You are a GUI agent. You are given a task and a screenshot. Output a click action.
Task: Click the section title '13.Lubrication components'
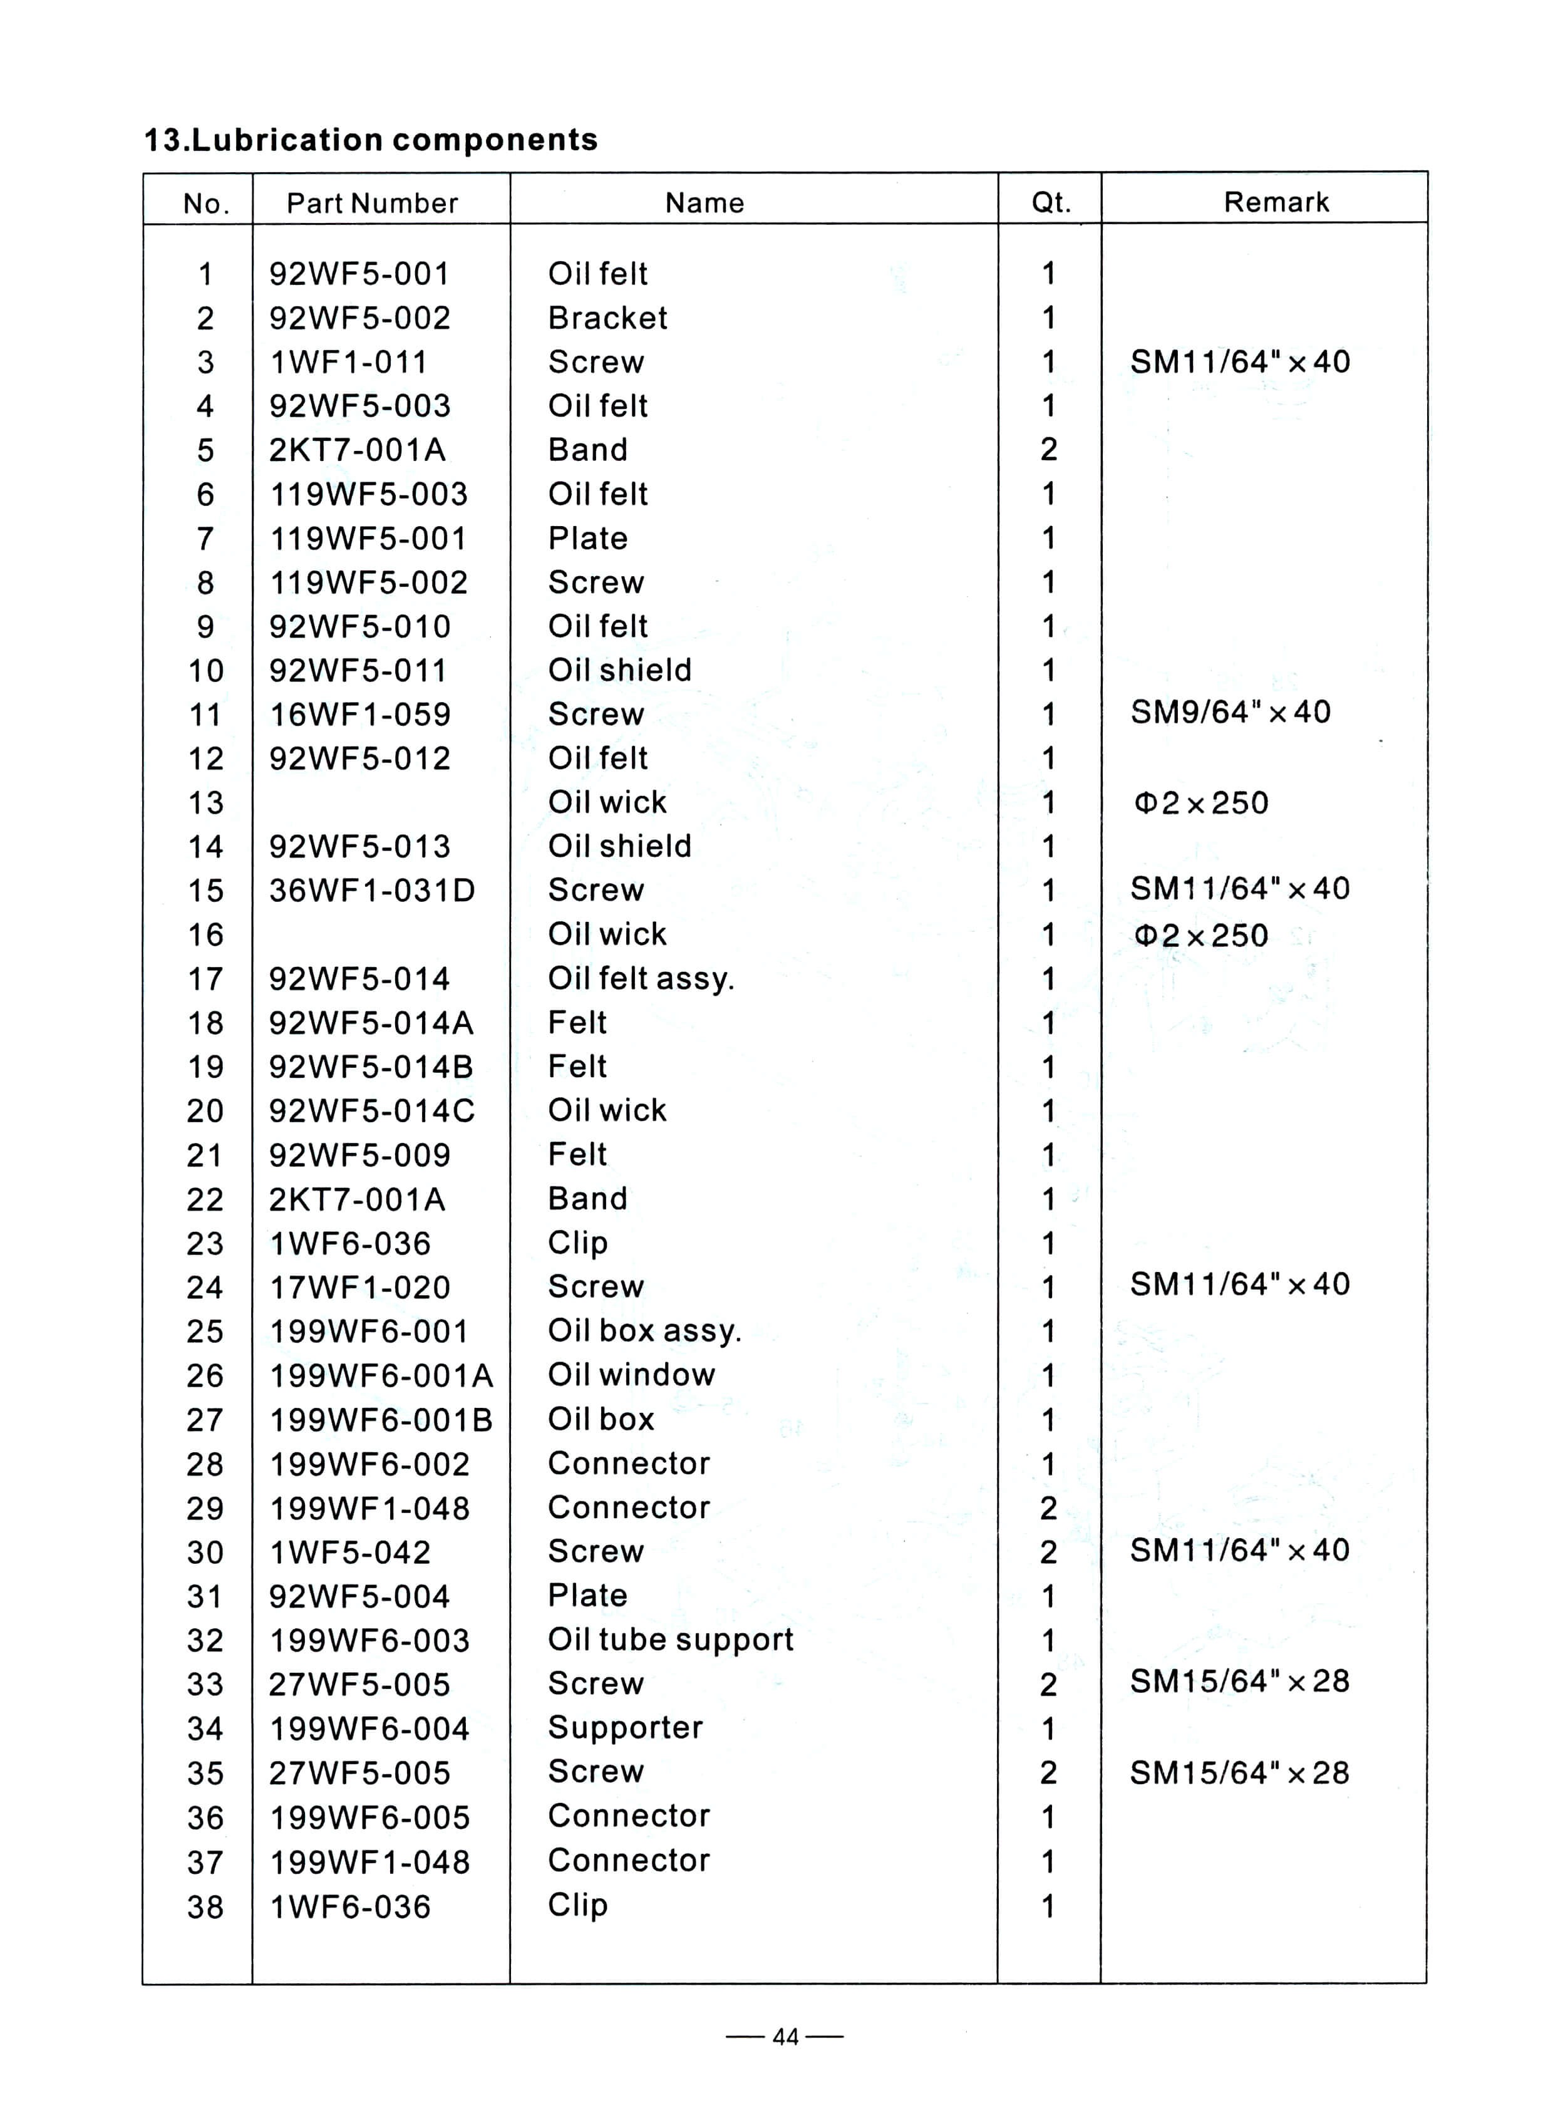click(x=370, y=140)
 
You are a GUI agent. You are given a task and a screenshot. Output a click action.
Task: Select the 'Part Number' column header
click(x=372, y=203)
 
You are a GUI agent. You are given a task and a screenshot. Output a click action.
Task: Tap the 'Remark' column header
click(x=1276, y=202)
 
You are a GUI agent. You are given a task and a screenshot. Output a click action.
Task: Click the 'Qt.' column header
click(x=1051, y=203)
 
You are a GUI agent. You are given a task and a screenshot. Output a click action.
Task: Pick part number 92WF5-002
click(x=360, y=318)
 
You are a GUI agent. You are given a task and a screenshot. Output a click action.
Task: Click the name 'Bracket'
click(x=607, y=318)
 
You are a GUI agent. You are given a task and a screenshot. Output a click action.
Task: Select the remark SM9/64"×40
click(x=1230, y=712)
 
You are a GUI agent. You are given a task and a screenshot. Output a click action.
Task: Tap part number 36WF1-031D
click(x=372, y=891)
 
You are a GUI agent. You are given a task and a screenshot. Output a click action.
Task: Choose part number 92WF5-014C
click(x=372, y=1110)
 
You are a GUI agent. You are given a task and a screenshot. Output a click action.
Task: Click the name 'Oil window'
click(x=632, y=1375)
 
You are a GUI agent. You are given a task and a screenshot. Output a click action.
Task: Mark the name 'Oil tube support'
click(x=670, y=1640)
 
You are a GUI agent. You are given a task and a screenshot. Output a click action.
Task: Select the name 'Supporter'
click(x=625, y=1727)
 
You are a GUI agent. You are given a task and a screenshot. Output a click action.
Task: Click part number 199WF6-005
click(x=369, y=1817)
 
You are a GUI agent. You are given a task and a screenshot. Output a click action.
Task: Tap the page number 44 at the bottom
click(x=785, y=2037)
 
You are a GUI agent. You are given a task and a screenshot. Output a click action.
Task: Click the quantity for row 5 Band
click(x=1049, y=450)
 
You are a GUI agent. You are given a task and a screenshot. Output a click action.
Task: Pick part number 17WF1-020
click(x=360, y=1287)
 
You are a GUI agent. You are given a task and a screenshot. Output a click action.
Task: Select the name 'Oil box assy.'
click(x=645, y=1330)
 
